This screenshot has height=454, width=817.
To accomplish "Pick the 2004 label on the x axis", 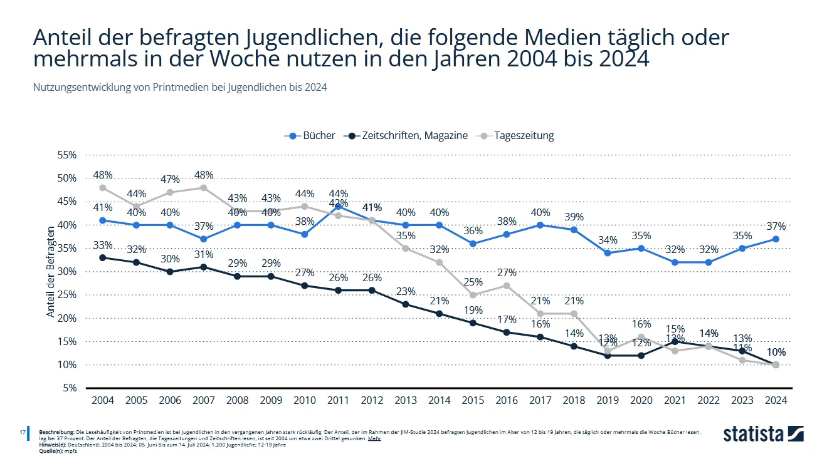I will coord(102,400).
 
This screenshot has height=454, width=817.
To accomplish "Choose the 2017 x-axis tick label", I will coord(540,400).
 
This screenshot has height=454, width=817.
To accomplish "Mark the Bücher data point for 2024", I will coord(776,239).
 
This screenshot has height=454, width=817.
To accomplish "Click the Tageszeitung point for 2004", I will coord(102,187).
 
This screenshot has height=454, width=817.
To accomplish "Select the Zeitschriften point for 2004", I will coord(102,257).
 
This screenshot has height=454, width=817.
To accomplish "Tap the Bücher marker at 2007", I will coord(203,239).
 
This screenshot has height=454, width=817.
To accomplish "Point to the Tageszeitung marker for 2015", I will coord(473,295).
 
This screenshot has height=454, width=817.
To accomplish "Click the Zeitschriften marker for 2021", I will coord(675,341).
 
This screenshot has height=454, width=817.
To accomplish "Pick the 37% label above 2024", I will coord(776,226).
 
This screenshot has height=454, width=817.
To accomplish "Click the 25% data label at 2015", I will coord(473,282).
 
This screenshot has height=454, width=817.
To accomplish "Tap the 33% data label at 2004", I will coord(102,245).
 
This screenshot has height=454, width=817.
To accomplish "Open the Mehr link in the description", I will coord(374,438).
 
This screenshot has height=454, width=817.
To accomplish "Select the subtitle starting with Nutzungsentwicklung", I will coord(180,88).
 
